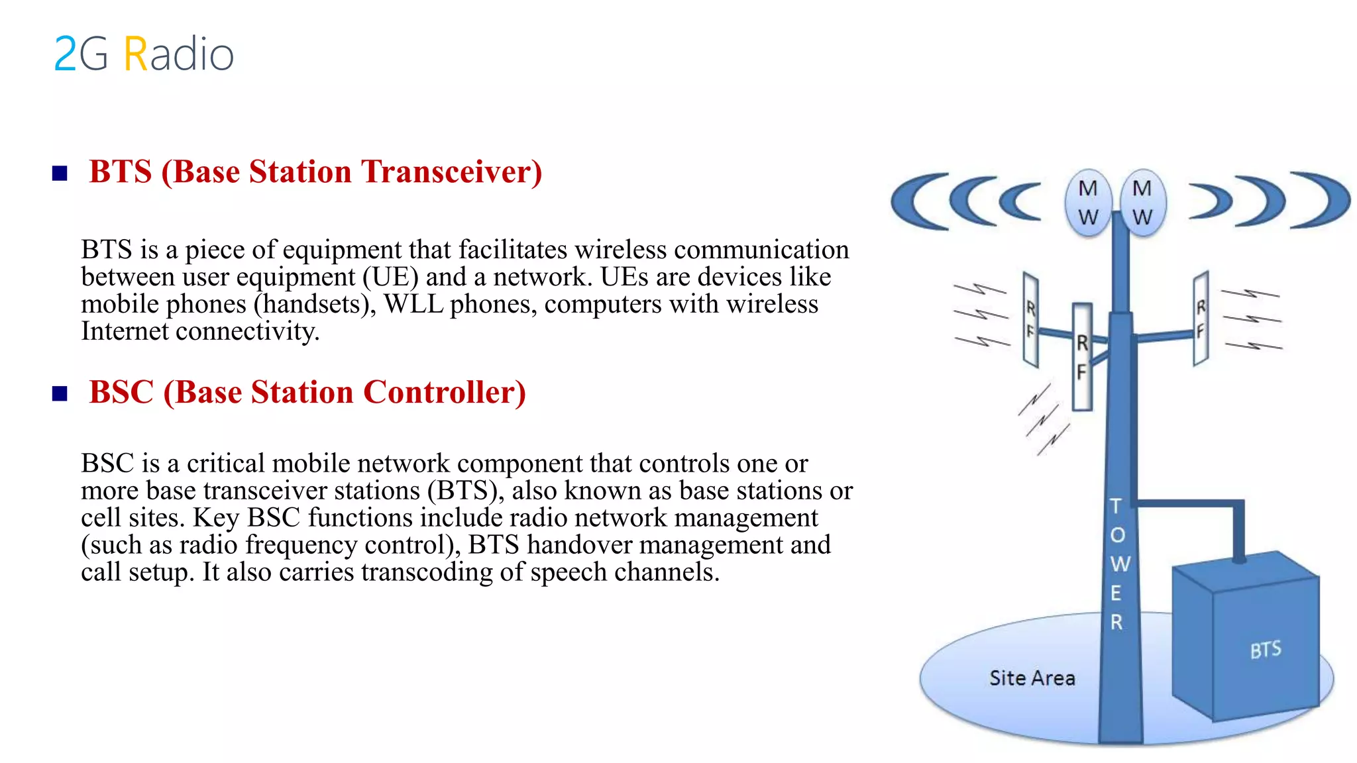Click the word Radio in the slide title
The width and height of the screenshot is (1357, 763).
(x=179, y=54)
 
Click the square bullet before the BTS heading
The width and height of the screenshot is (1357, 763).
(x=60, y=174)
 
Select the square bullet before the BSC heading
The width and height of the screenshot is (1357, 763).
(x=60, y=394)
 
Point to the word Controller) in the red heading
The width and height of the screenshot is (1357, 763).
(x=445, y=393)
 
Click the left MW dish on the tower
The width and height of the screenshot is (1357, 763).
(x=1088, y=203)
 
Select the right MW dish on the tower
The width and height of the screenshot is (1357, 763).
(x=1142, y=203)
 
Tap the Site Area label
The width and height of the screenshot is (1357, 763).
(x=1032, y=678)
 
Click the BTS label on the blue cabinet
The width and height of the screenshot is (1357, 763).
(x=1266, y=650)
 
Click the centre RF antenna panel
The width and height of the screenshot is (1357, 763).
(x=1082, y=358)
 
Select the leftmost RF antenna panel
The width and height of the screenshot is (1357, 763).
(x=1030, y=319)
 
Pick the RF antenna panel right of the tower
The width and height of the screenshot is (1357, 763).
(x=1201, y=319)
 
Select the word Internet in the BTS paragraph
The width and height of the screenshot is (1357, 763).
(x=125, y=331)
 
